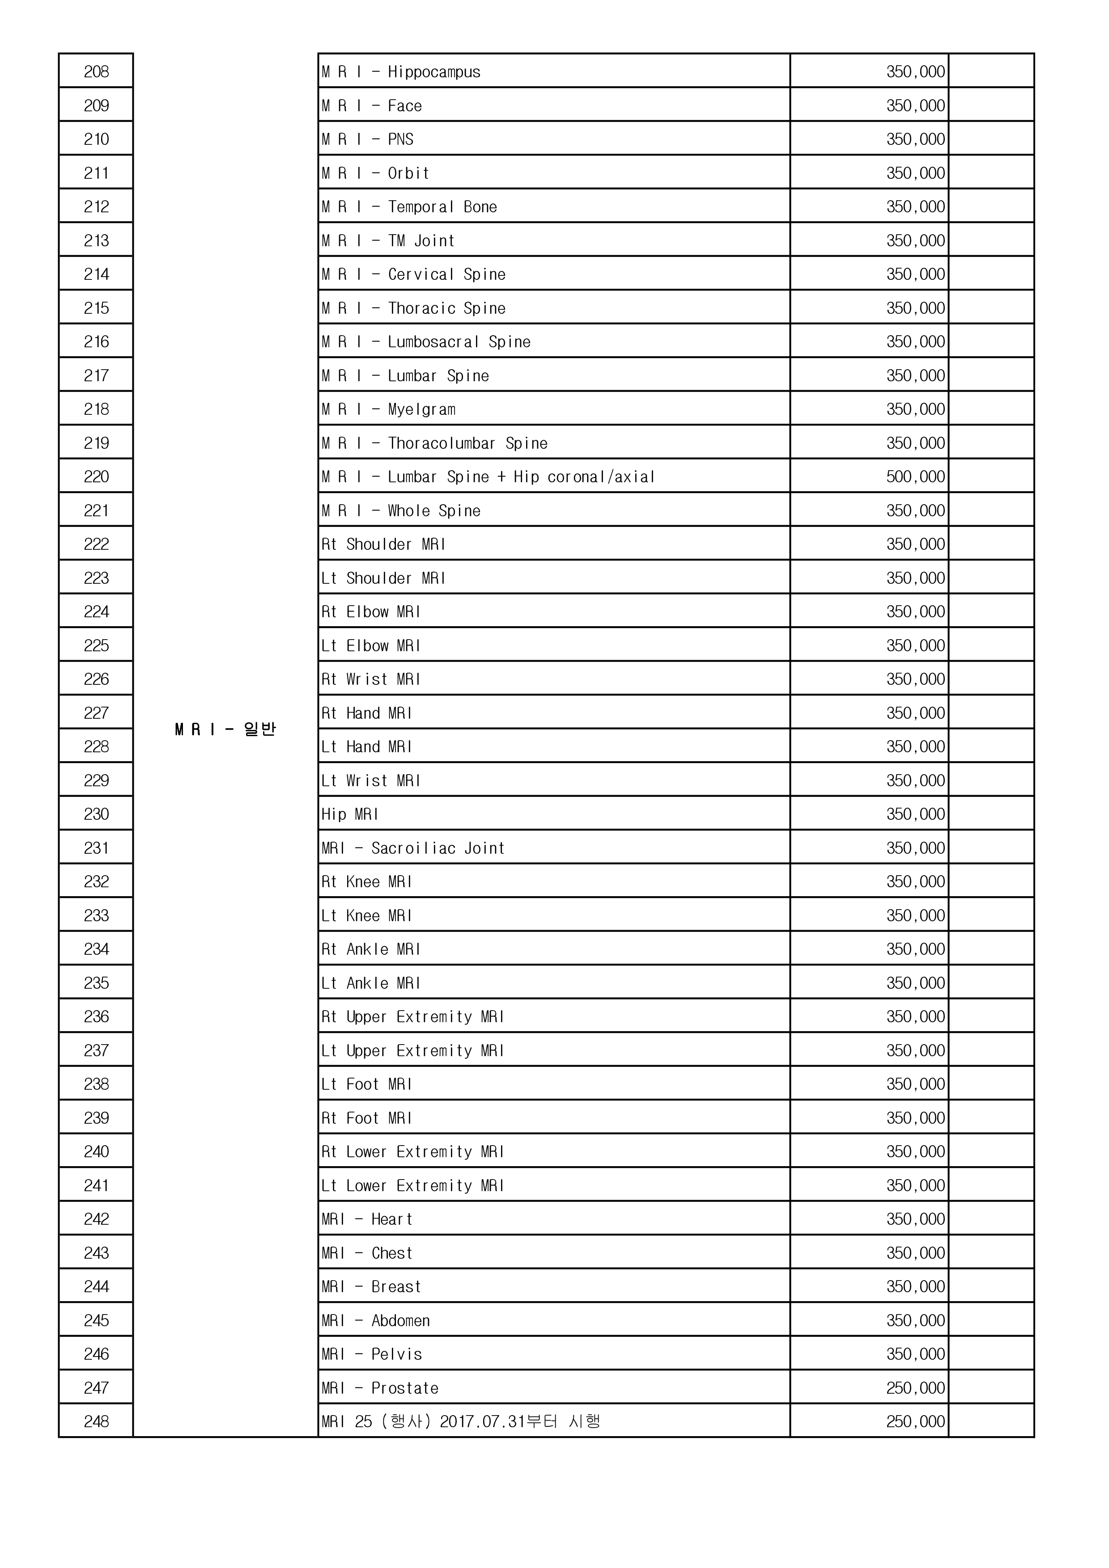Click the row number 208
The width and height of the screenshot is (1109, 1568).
96,72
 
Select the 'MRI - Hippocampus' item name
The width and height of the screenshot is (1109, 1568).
401,72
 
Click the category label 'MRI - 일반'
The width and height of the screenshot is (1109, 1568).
225,729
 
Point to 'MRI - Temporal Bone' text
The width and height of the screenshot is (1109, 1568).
409,207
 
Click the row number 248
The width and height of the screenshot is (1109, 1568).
96,1421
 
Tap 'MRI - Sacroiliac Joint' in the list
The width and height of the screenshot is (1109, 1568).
413,848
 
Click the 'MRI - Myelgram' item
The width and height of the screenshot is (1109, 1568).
388,409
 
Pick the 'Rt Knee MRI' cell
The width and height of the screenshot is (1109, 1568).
367,881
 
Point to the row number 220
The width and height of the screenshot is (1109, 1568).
96,476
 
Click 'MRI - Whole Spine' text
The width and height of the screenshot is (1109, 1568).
401,511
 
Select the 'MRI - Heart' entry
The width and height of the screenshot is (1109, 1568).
367,1219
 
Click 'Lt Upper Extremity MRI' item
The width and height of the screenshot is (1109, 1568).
413,1050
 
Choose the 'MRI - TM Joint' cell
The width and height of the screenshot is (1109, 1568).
388,240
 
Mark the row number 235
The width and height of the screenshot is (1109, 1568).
96,983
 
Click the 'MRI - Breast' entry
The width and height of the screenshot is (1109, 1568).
371,1287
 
